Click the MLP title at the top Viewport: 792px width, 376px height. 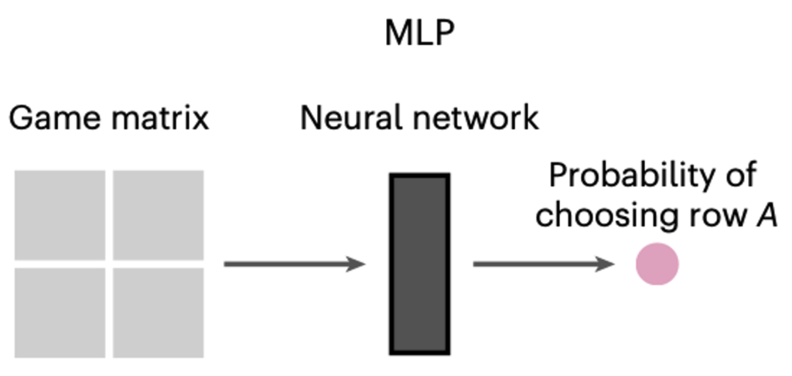(x=419, y=34)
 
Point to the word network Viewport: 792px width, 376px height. (x=476, y=119)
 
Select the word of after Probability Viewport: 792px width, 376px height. (x=739, y=176)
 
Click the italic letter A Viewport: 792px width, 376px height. (x=766, y=216)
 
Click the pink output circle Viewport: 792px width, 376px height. (x=657, y=264)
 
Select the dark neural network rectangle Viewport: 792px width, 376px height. (x=419, y=264)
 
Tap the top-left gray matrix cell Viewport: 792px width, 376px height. (x=60, y=215)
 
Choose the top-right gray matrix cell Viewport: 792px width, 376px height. (x=158, y=215)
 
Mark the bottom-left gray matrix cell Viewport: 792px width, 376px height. (x=60, y=313)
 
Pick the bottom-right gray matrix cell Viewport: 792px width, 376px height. (x=158, y=313)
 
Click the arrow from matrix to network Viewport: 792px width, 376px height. (x=295, y=264)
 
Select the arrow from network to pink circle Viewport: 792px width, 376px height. (x=544, y=264)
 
